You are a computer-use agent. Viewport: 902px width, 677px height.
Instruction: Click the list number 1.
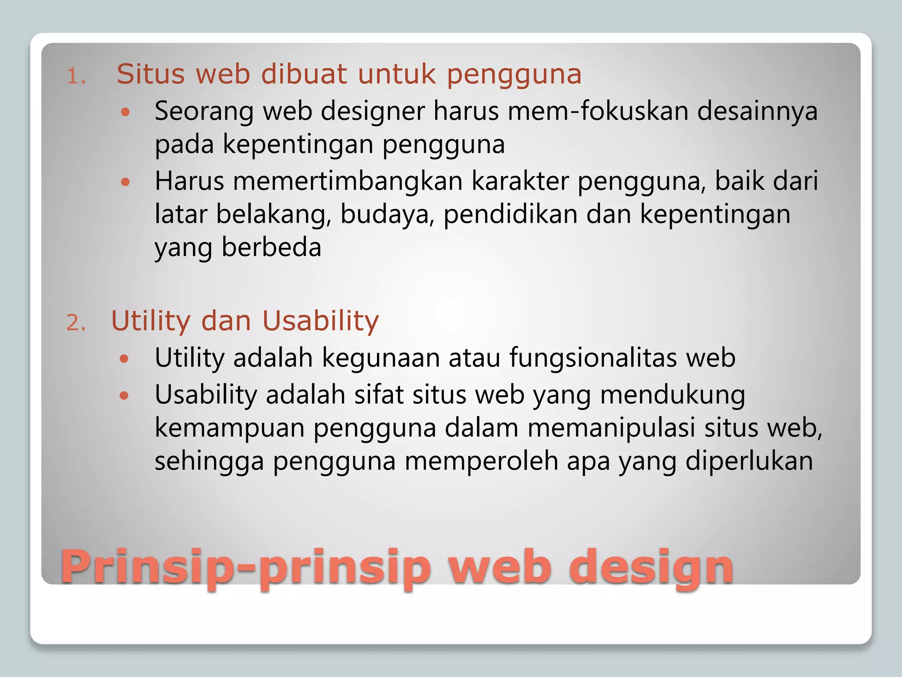pyautogui.click(x=76, y=77)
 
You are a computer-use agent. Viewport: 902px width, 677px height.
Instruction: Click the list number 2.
pyautogui.click(x=76, y=323)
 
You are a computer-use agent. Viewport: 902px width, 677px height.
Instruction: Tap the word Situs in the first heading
pyautogui.click(x=151, y=74)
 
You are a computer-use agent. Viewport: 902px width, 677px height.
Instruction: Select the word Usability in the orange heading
pyautogui.click(x=320, y=321)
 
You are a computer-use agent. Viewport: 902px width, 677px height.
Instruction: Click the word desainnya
pyautogui.click(x=757, y=111)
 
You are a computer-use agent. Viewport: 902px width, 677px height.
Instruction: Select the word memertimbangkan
pyautogui.click(x=347, y=181)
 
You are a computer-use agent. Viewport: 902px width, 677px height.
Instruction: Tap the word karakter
pyautogui.click(x=520, y=181)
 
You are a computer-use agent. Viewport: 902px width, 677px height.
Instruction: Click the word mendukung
pyautogui.click(x=673, y=394)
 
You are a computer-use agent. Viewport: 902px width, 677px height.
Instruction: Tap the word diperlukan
pyautogui.click(x=749, y=461)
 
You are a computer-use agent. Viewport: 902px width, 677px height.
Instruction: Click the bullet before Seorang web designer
pyautogui.click(x=126, y=112)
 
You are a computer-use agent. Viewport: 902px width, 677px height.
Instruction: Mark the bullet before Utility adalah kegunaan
pyautogui.click(x=125, y=359)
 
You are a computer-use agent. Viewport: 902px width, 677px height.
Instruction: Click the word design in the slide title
pyautogui.click(x=650, y=567)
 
